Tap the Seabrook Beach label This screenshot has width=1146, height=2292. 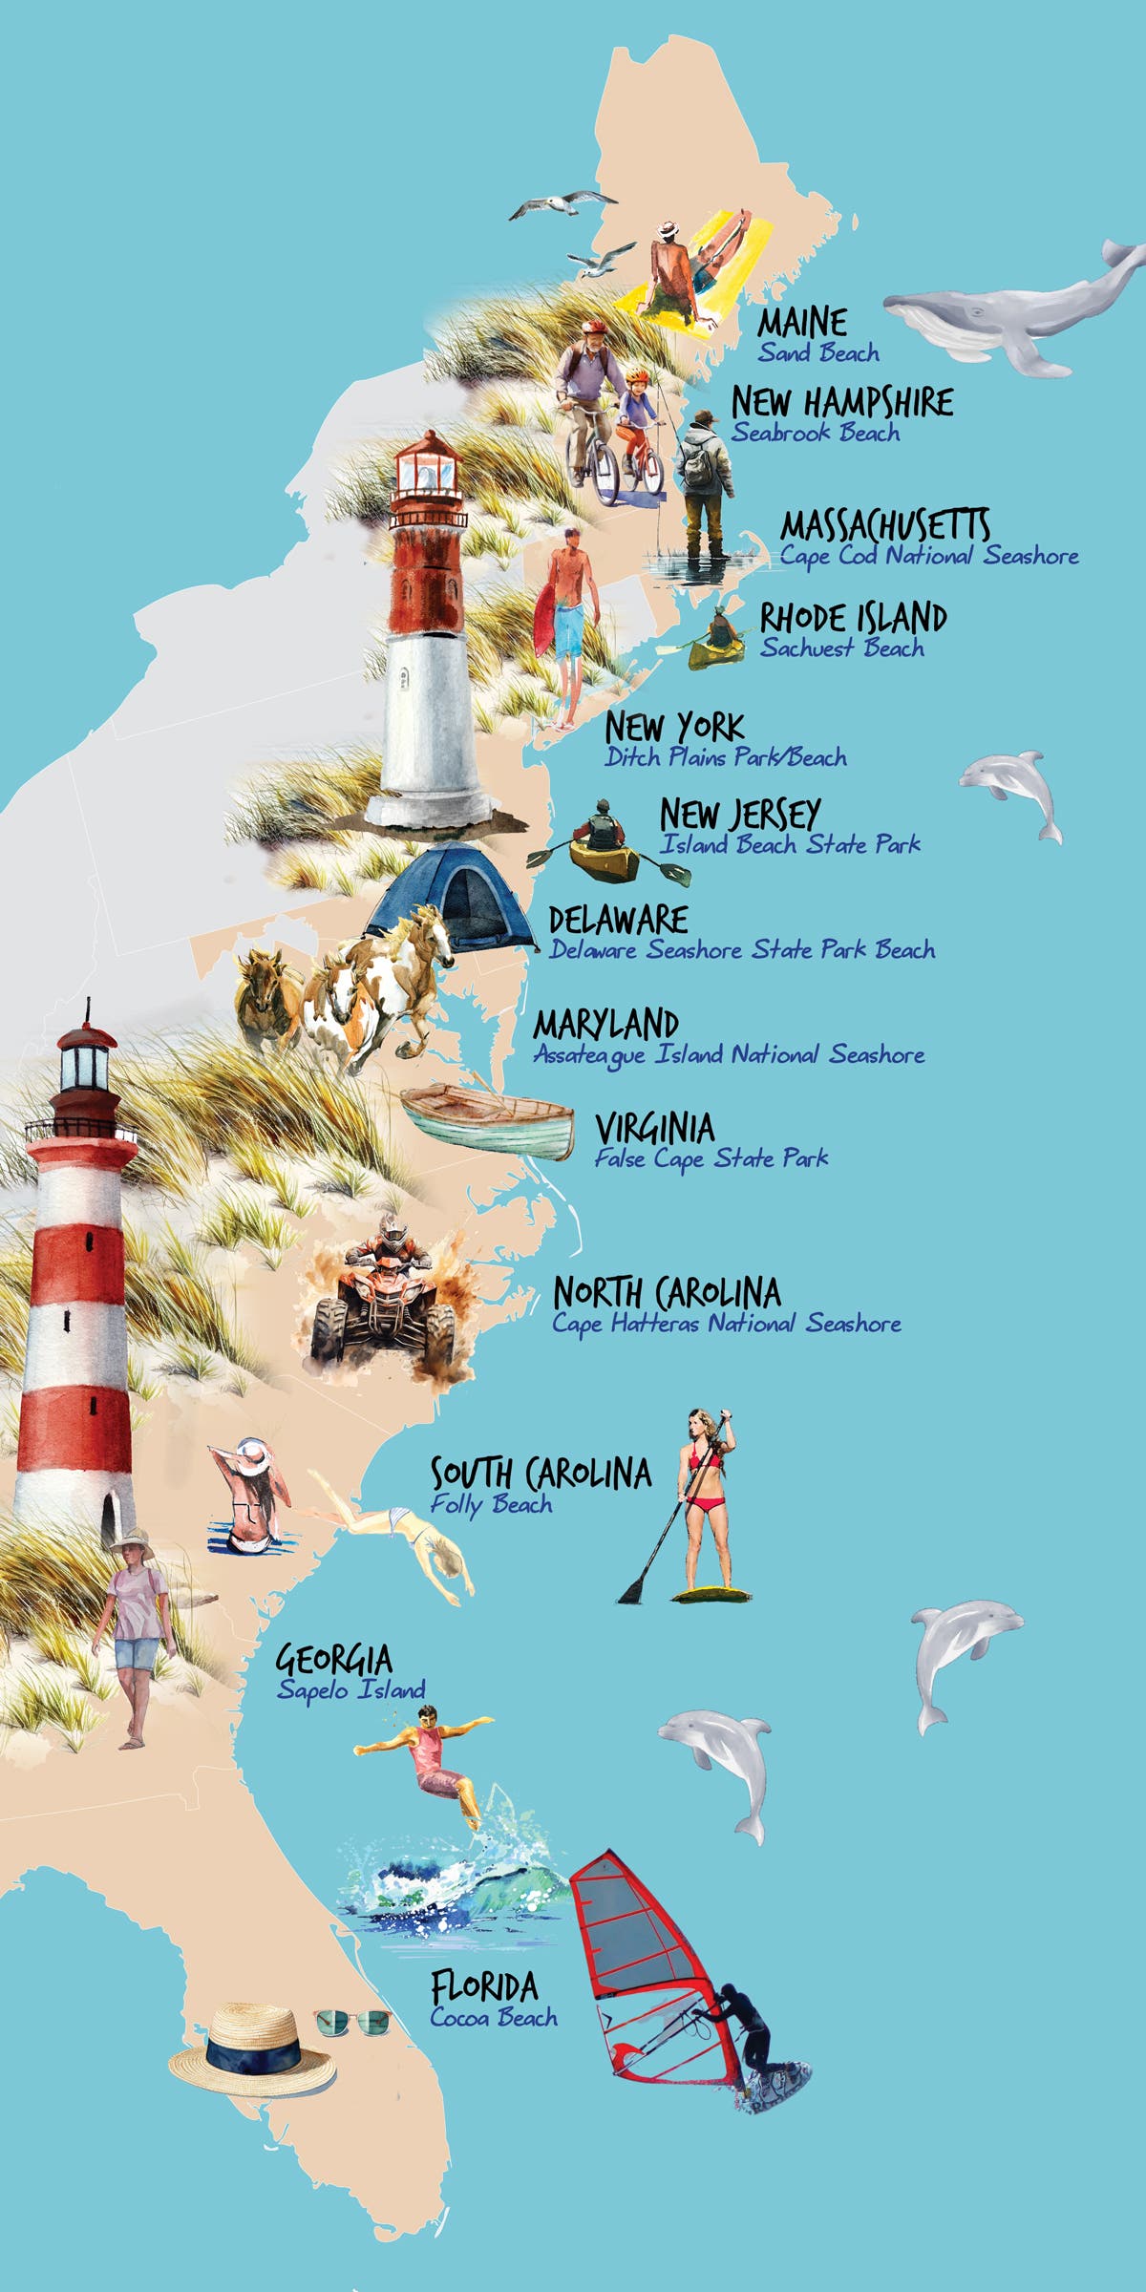816,433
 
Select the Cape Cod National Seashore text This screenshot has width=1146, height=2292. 929,556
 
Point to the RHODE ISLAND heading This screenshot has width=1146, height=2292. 853,618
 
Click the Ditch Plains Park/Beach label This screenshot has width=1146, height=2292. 726,758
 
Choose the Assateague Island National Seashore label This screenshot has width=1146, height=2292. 729,1055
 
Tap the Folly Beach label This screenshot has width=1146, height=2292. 491,1504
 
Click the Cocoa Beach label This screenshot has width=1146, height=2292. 493,2017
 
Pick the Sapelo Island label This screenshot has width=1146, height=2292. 350,1689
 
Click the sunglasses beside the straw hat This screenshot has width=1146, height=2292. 353,2022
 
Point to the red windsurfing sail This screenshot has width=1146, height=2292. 649,1967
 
